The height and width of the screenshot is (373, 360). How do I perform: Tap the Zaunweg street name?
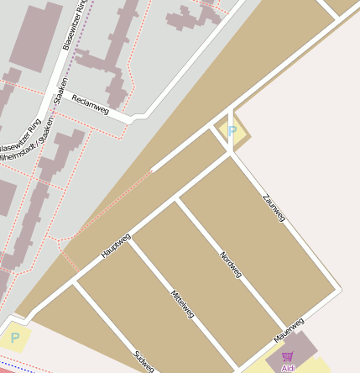pos(274,206)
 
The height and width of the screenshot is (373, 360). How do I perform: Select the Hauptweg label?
pos(116,244)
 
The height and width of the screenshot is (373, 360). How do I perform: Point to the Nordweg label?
pos(230,265)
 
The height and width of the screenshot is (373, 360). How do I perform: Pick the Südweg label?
pos(143,360)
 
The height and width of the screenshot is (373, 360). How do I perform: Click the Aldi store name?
pos(288,368)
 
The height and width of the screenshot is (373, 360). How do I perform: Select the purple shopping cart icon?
pos(288,357)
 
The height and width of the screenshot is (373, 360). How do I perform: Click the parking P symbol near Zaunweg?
pos(232,131)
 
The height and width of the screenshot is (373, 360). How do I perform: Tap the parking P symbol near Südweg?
pos(14,339)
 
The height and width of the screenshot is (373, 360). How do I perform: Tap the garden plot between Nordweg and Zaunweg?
pos(260,244)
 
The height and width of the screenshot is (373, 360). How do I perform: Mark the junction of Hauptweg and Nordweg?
pos(178,200)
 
